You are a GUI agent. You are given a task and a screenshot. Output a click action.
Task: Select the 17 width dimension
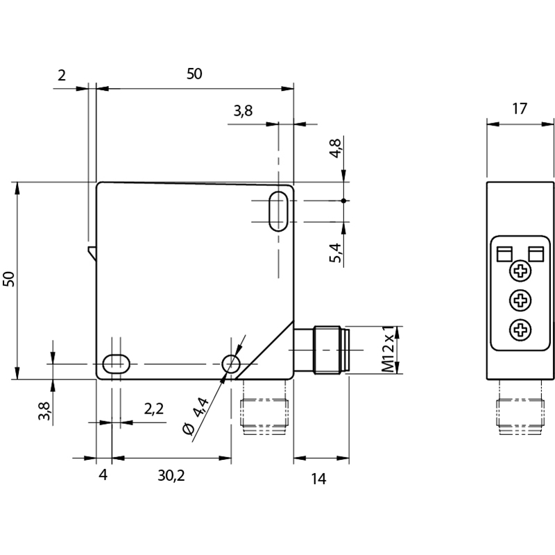point(520,109)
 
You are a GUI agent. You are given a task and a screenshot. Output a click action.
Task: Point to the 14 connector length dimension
point(318,478)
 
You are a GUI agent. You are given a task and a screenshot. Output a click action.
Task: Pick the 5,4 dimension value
point(335,253)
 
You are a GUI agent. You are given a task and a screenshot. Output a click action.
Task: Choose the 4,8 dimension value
point(335,148)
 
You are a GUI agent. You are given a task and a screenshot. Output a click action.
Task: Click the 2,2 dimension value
point(154,409)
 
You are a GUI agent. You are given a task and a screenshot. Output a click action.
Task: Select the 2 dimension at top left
point(62,75)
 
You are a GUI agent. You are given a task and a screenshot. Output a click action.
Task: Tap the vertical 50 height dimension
point(9,279)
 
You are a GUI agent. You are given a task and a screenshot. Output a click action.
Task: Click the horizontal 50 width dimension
point(194,74)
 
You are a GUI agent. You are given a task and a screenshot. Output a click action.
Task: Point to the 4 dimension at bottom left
point(103,475)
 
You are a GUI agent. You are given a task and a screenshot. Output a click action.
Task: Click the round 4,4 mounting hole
point(230,364)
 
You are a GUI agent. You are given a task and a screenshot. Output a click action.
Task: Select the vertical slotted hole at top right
point(278,210)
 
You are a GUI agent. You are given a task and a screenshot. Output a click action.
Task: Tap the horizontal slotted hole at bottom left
point(115,364)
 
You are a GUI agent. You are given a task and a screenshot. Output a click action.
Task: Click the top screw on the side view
point(520,271)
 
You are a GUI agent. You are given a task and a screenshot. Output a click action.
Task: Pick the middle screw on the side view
point(520,300)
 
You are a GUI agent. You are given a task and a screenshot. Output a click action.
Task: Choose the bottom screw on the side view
point(520,330)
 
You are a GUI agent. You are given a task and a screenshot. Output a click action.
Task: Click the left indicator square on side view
point(504,253)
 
